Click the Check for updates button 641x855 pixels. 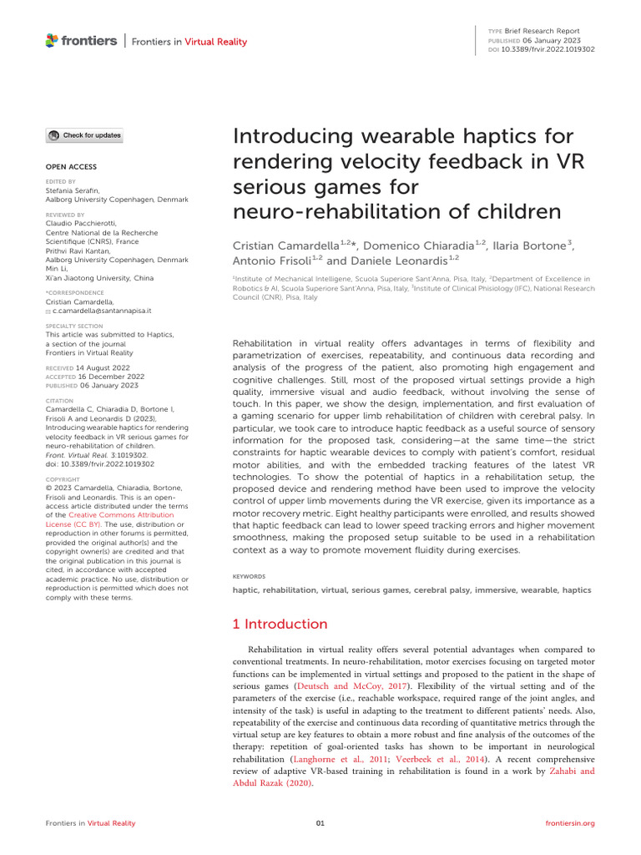coord(84,135)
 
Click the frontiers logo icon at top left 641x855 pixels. coord(52,39)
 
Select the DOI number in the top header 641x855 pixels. coord(548,48)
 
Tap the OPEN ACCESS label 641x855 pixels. coord(71,167)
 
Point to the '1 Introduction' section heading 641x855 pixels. coord(280,624)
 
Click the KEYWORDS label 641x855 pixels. coord(249,576)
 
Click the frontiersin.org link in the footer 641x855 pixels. coord(569,823)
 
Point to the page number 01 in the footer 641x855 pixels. coord(320,823)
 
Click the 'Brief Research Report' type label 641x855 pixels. coord(547,31)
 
